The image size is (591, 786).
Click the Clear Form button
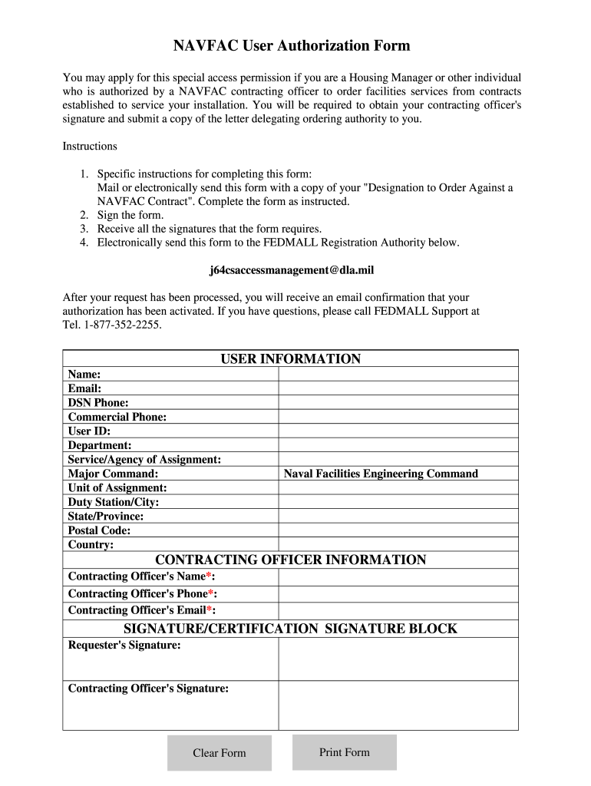tap(220, 753)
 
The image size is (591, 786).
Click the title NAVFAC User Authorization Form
tap(291, 46)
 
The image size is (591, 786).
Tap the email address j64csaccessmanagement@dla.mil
tap(292, 270)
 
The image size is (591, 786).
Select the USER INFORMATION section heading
tap(290, 359)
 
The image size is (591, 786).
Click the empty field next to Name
tap(398, 375)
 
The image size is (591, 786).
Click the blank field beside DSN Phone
tap(398, 403)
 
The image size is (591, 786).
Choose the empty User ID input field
tap(398, 431)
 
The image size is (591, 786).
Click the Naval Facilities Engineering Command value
tap(381, 474)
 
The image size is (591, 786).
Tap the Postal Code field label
tap(99, 530)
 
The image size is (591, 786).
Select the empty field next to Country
tap(398, 545)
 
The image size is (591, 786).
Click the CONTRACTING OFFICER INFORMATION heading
tap(290, 560)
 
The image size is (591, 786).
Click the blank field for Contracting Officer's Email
tap(398, 611)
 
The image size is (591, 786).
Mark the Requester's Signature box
tap(398, 659)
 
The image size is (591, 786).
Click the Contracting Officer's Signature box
tap(398, 705)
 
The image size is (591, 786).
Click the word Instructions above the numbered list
tap(90, 146)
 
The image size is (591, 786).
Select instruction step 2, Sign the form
tap(130, 215)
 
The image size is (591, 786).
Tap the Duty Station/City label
tap(114, 502)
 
